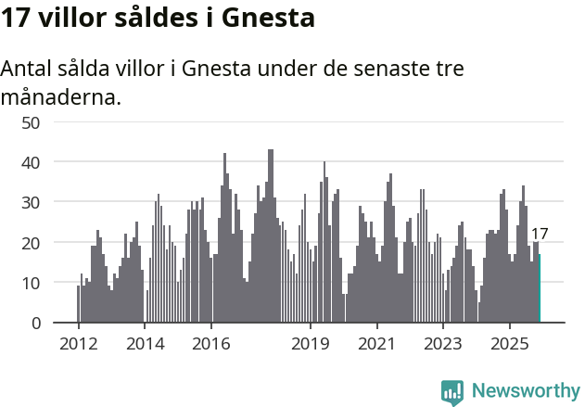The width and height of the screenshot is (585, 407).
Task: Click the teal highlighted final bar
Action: (x=540, y=288)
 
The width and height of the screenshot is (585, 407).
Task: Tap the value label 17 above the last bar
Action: (x=540, y=235)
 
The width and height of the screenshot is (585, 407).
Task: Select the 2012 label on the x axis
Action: (x=78, y=343)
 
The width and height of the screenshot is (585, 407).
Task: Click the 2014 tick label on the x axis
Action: (x=145, y=343)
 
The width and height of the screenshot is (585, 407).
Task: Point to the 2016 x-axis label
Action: (x=211, y=343)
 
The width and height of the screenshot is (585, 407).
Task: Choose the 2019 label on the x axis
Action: (x=311, y=343)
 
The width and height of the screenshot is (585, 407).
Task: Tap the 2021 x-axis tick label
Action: (x=376, y=343)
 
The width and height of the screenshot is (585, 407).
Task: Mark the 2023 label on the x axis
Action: (x=443, y=343)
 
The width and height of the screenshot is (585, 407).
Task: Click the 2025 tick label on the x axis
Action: (x=510, y=343)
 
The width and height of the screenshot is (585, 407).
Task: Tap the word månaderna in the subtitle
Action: (x=60, y=95)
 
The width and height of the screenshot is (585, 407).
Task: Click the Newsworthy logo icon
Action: (x=452, y=391)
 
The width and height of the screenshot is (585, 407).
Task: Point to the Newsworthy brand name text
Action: (x=526, y=391)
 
